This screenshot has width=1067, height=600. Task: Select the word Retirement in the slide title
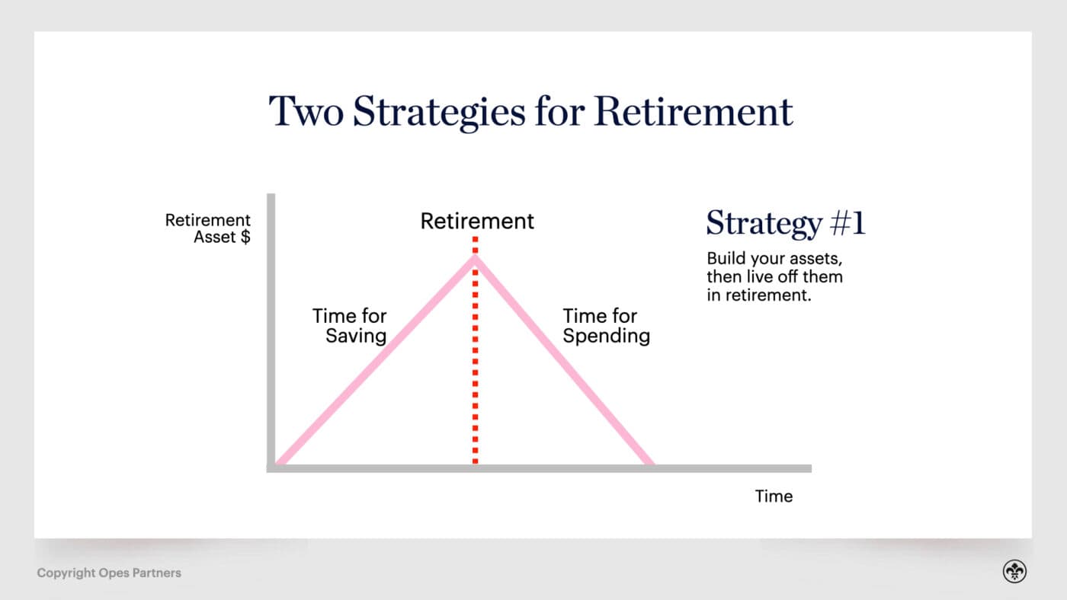(x=694, y=111)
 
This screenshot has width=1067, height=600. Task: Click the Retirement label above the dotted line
(x=477, y=222)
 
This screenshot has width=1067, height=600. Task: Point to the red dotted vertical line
(x=475, y=365)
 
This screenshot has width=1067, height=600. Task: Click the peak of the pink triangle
(x=475, y=257)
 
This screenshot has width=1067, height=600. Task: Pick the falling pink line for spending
(x=564, y=361)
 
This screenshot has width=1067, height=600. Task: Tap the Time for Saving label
(x=351, y=326)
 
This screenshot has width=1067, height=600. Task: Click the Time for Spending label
(x=606, y=326)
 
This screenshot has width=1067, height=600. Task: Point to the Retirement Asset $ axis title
(x=209, y=228)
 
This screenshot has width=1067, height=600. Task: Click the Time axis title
(x=774, y=496)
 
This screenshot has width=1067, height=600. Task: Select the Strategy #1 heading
(x=786, y=224)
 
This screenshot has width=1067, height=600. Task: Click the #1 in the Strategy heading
(x=846, y=224)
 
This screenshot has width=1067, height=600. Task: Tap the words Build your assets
(x=774, y=258)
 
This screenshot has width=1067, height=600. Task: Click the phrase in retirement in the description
(x=758, y=295)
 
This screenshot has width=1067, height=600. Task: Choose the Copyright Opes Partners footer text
(x=109, y=573)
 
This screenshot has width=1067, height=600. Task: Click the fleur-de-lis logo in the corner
(x=1014, y=572)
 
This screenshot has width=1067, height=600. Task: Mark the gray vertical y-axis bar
(x=271, y=327)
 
